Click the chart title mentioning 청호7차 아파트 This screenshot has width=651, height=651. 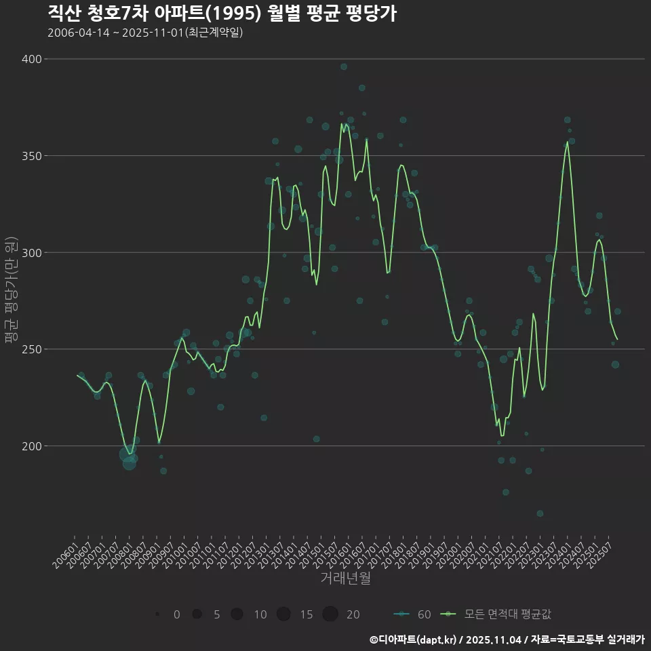point(222,13)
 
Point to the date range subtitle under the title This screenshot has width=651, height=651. point(145,33)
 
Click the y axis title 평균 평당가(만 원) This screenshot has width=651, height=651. point(10,290)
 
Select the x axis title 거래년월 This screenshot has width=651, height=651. point(345,578)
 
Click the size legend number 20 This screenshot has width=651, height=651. point(353,614)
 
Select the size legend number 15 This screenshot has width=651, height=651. point(307,614)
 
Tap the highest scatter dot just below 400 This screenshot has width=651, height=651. point(344,66)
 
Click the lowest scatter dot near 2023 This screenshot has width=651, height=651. point(540,513)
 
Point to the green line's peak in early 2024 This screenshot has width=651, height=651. point(568,142)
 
